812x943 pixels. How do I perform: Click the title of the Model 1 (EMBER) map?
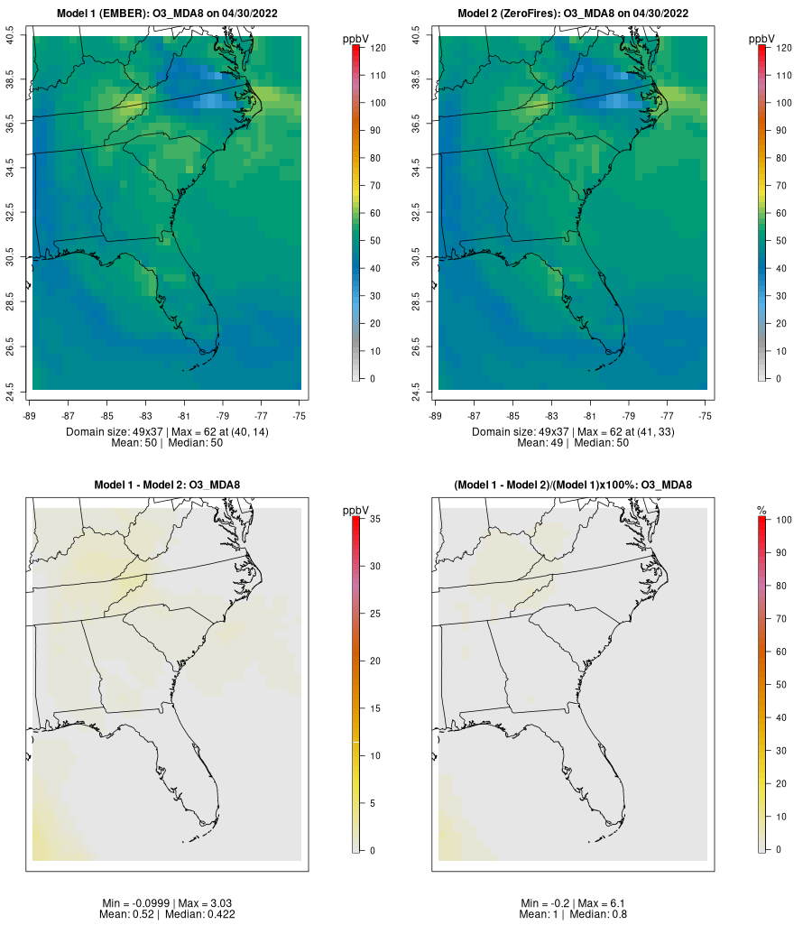tap(167, 14)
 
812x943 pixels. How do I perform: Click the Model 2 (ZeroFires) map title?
tap(573, 14)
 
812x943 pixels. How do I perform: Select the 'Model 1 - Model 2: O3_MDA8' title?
tap(167, 485)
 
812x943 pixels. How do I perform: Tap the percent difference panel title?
tap(573, 485)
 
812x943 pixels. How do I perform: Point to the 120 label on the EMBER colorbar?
tap(378, 48)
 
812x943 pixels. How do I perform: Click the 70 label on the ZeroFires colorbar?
tap(781, 186)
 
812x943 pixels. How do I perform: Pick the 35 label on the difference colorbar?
tap(375, 518)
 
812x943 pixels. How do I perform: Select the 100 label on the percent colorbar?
tap(784, 520)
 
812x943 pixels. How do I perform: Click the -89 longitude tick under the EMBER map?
tap(30, 416)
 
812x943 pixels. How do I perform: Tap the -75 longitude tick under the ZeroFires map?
tap(706, 416)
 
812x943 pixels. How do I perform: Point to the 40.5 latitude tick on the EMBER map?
tap(10, 35)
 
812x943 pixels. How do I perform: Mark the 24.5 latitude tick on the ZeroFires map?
tap(416, 393)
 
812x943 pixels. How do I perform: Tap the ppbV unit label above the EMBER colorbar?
tap(355, 39)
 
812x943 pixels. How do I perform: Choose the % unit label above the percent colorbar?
tap(761, 511)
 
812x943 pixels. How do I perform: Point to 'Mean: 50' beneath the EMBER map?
tap(134, 443)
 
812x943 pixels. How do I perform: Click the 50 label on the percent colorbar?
tap(781, 684)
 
